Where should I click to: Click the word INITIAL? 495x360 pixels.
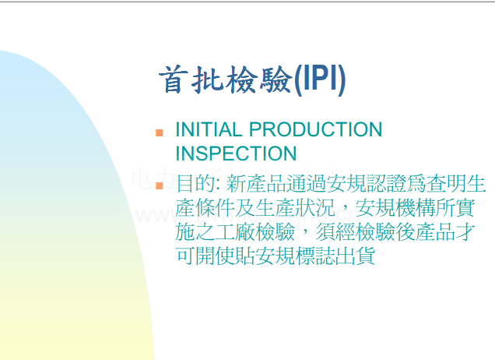[209, 129]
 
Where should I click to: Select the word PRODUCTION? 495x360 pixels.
[316, 129]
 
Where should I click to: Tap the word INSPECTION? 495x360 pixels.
[236, 154]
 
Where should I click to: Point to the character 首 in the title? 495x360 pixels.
[174, 79]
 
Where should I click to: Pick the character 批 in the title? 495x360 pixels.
[207, 79]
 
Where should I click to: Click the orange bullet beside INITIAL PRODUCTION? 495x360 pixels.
[160, 132]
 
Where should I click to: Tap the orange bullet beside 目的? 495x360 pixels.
[160, 186]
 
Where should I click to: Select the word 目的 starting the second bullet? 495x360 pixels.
[195, 184]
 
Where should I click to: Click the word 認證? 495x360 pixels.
[386, 184]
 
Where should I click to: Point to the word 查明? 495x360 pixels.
[446, 184]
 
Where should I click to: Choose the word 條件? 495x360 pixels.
[216, 208]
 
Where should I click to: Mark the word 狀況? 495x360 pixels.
[315, 208]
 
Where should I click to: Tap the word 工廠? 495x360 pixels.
[235, 232]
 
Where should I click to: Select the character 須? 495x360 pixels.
[325, 232]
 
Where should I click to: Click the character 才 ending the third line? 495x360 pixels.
[465, 232]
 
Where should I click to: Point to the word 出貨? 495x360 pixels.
[355, 256]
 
